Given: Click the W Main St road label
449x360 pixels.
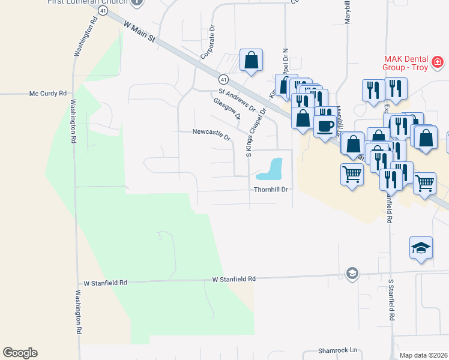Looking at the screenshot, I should tap(139, 33).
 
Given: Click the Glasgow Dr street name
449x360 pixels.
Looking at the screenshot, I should tap(226, 109).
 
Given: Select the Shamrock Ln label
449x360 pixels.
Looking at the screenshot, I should tap(337, 350).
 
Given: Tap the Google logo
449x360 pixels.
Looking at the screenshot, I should tap(20, 353).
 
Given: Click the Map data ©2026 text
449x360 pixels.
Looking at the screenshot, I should tap(423, 355).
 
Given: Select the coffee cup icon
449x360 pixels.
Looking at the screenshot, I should tap(325, 126).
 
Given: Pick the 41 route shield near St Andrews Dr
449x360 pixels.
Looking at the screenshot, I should tap(223, 79).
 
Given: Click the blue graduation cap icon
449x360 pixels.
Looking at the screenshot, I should tap(421, 247).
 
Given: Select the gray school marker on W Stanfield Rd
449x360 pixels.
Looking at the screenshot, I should tap(352, 274).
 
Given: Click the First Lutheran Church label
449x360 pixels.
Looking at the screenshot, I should tap(88, 2).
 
